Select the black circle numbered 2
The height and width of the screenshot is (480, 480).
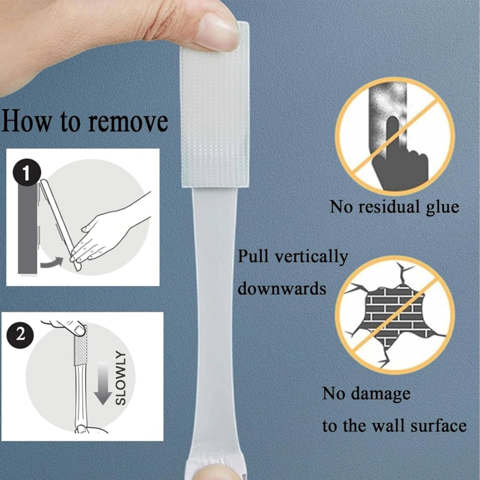click(20, 334)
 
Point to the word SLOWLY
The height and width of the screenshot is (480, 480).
click(121, 378)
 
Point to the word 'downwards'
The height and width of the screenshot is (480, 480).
click(282, 289)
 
